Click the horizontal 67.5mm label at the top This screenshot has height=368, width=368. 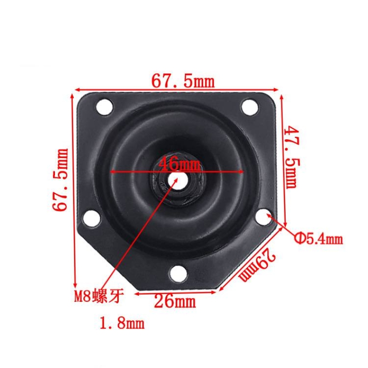tap(183, 82)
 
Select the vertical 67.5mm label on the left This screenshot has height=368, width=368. tap(60, 180)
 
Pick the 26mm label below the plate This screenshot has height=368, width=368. tap(175, 302)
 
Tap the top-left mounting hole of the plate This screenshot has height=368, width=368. tap(104, 108)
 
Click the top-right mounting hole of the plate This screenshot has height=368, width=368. tap(250, 108)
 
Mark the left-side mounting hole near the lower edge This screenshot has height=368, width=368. tap(92, 218)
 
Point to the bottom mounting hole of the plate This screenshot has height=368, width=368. tap(177, 273)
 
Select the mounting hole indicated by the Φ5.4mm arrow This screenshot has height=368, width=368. tap(264, 215)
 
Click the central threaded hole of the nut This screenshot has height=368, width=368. tap(177, 180)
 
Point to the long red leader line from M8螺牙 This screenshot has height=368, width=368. tap(140, 233)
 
